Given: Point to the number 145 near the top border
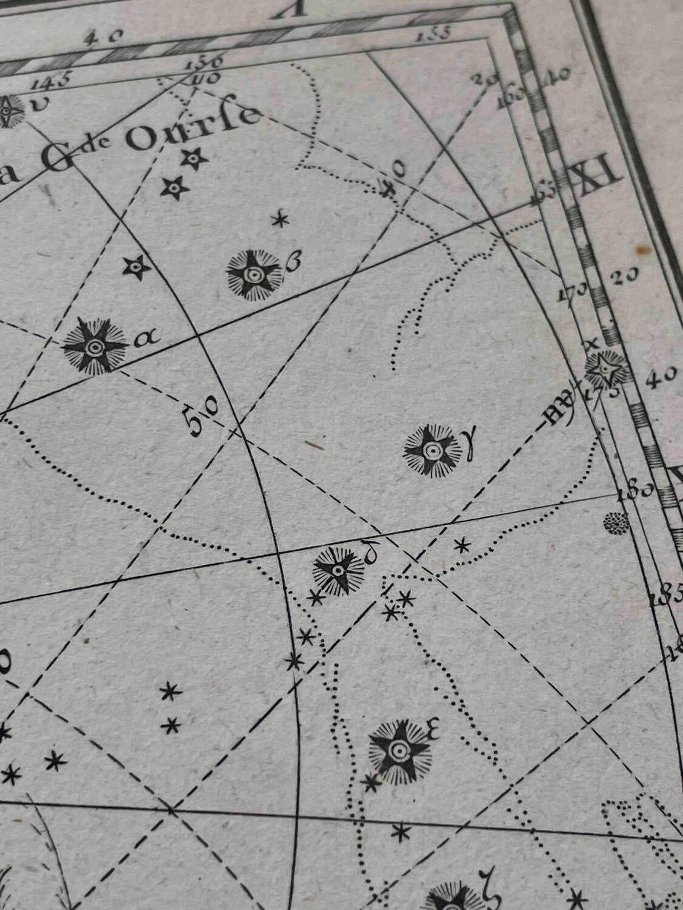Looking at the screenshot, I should pos(54,79).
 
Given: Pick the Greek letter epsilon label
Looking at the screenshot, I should pos(433,728).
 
